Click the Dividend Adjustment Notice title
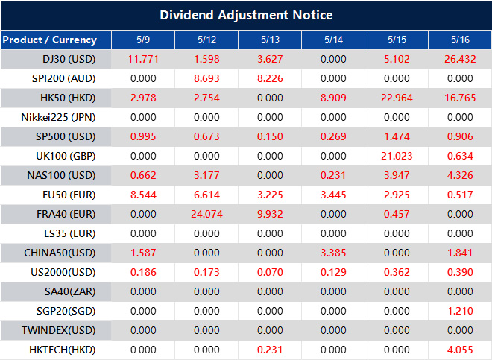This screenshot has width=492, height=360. point(246,15)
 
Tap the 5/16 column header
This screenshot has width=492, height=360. point(459,40)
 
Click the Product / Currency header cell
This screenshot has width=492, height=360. point(49,40)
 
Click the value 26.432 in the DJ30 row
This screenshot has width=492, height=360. point(459,59)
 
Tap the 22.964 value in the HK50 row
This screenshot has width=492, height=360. point(396,98)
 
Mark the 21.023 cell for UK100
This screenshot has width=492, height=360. point(396,156)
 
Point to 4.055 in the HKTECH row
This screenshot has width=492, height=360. point(459,350)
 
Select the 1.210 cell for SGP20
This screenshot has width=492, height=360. point(459,311)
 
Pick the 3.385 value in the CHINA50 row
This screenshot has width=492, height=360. point(332,253)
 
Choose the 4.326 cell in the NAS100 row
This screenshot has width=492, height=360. point(459,175)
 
